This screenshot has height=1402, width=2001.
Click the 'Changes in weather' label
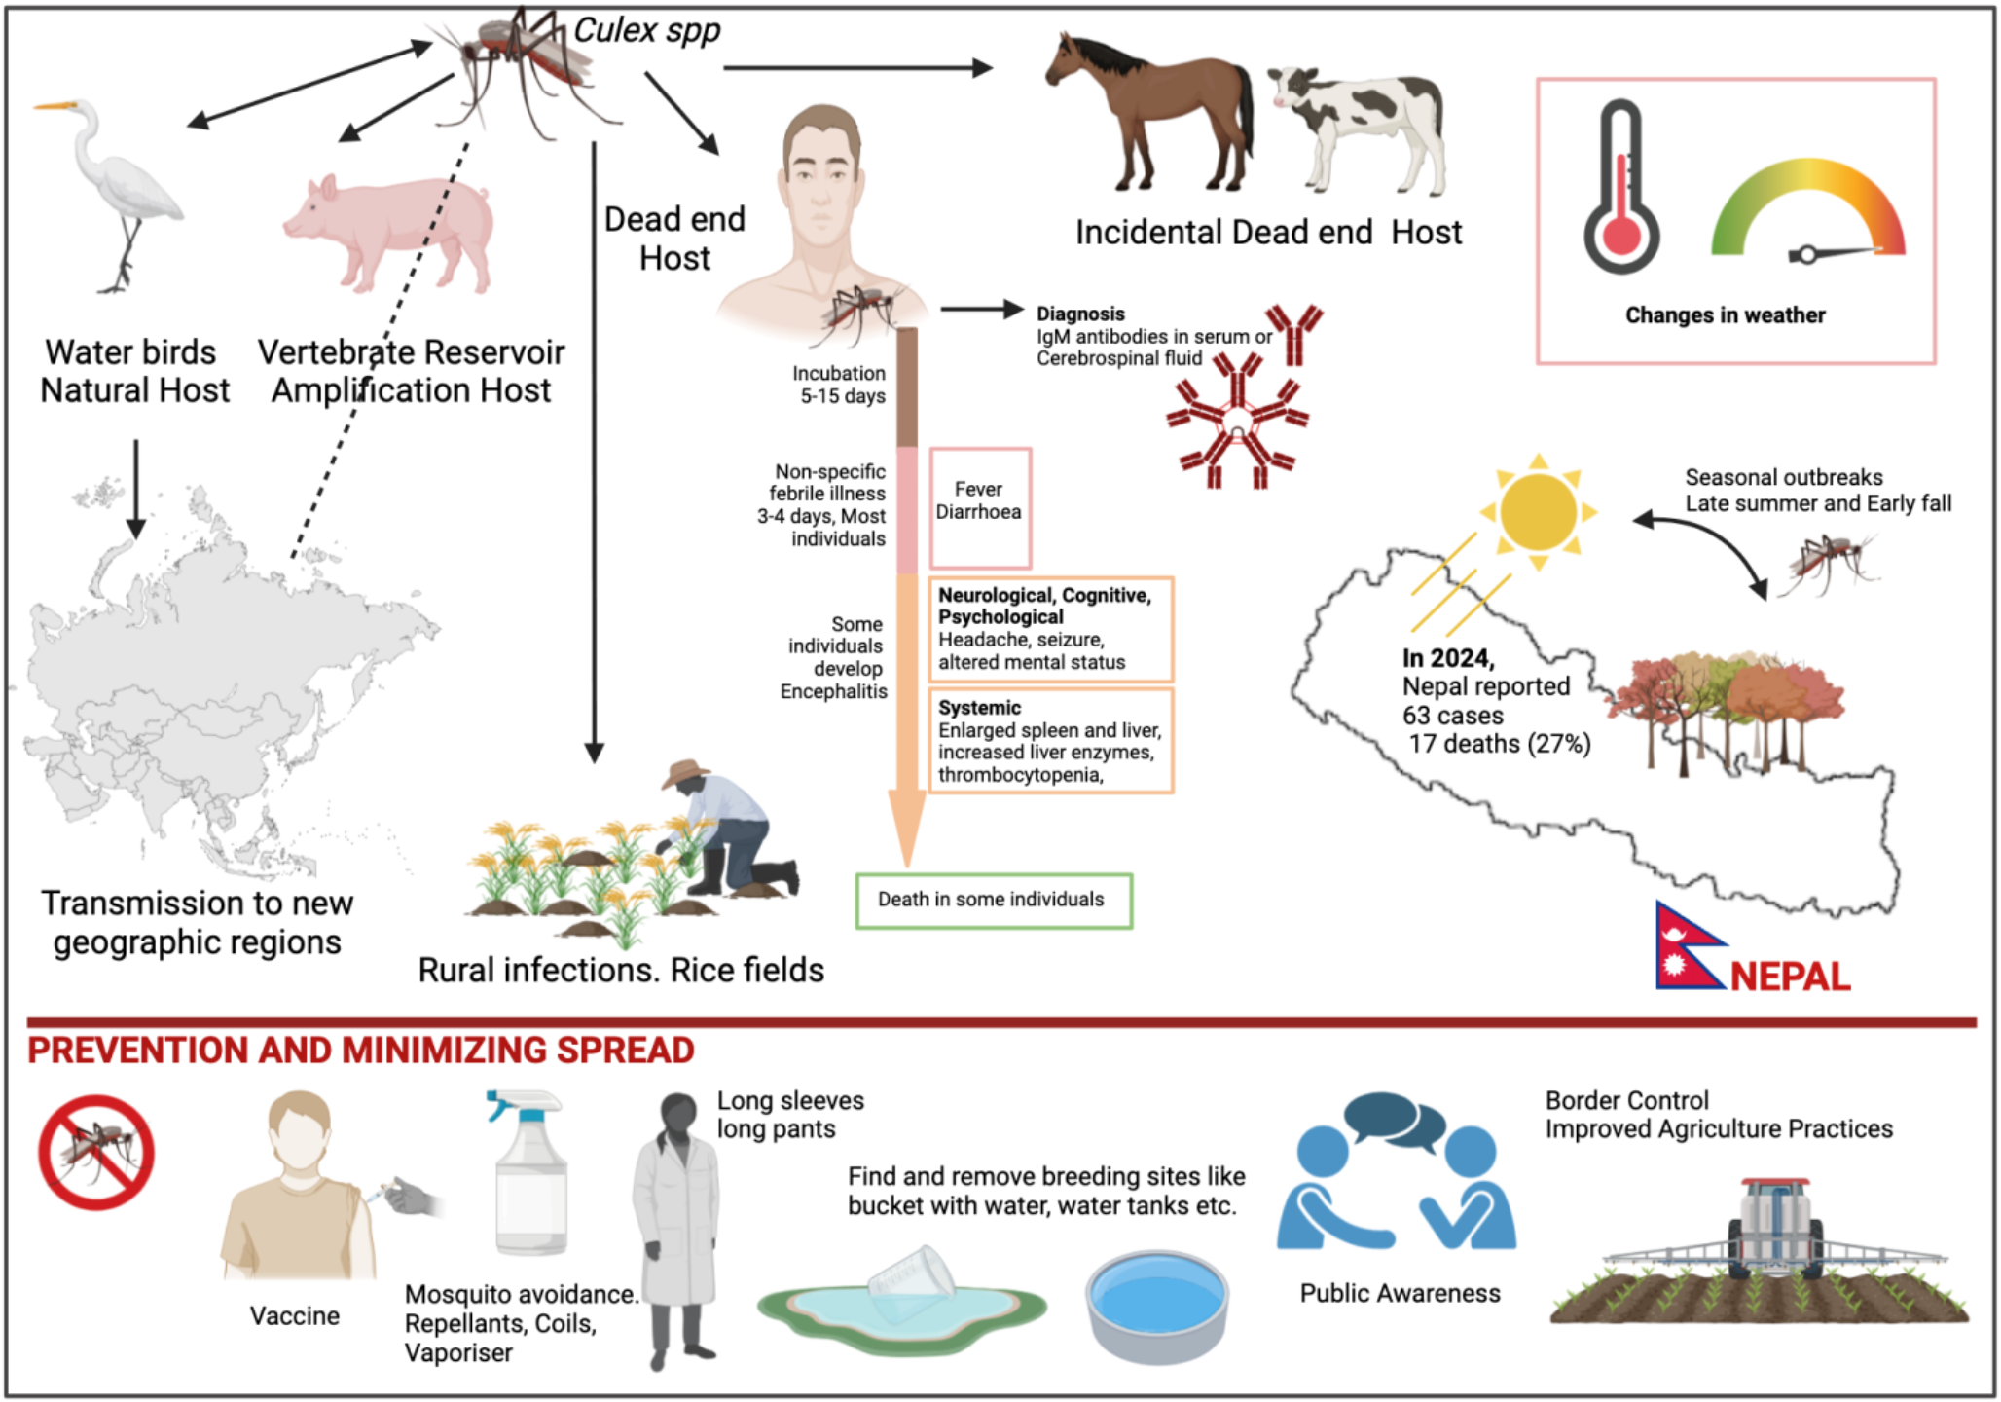(x=1725, y=315)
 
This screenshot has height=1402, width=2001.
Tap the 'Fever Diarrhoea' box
(x=979, y=507)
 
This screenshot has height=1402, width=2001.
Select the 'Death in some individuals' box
(x=993, y=901)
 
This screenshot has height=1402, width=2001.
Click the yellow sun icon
(x=1538, y=511)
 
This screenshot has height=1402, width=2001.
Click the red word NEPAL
(x=1791, y=977)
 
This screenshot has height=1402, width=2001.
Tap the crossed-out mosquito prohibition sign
(x=96, y=1152)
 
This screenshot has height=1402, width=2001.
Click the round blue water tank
(x=1157, y=1306)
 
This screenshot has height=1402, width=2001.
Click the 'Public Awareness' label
(x=1400, y=1293)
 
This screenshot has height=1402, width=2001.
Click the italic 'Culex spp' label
(x=647, y=30)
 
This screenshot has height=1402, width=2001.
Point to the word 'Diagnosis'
(x=1080, y=314)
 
